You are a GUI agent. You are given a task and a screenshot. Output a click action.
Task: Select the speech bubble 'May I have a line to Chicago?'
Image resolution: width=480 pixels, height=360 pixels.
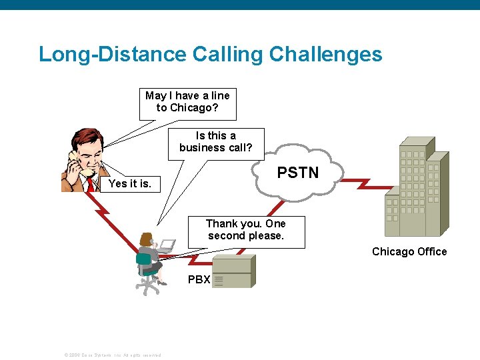tap(187, 102)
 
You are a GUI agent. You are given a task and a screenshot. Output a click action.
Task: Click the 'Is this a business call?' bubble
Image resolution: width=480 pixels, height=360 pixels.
tap(215, 142)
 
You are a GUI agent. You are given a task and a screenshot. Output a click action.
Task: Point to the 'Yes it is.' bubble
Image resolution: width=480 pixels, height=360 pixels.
tap(129, 183)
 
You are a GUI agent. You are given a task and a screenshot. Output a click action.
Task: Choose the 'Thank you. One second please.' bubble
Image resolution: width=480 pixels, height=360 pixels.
tap(246, 230)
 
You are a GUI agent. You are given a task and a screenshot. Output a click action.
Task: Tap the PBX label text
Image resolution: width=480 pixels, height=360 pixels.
tap(199, 280)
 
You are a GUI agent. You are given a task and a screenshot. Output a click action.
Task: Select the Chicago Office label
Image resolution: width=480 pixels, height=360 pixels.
tap(409, 251)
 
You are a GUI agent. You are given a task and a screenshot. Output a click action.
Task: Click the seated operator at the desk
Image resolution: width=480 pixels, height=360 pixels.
tap(149, 257)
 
